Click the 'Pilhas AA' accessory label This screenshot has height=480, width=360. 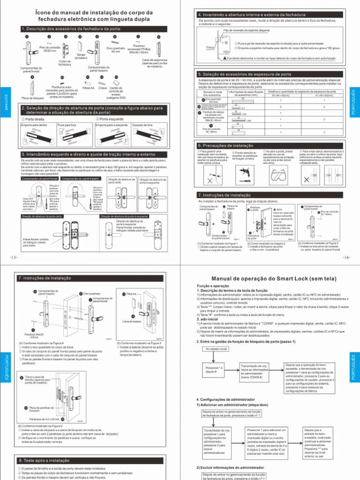pos(88,88)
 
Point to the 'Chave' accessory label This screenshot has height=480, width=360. pos(103,88)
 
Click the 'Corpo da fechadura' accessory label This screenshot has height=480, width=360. pos(65,62)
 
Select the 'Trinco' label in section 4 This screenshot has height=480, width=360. pos(210,48)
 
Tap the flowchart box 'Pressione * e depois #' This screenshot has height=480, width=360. pos(213,370)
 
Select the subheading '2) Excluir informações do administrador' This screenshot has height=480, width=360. pos(232,467)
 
